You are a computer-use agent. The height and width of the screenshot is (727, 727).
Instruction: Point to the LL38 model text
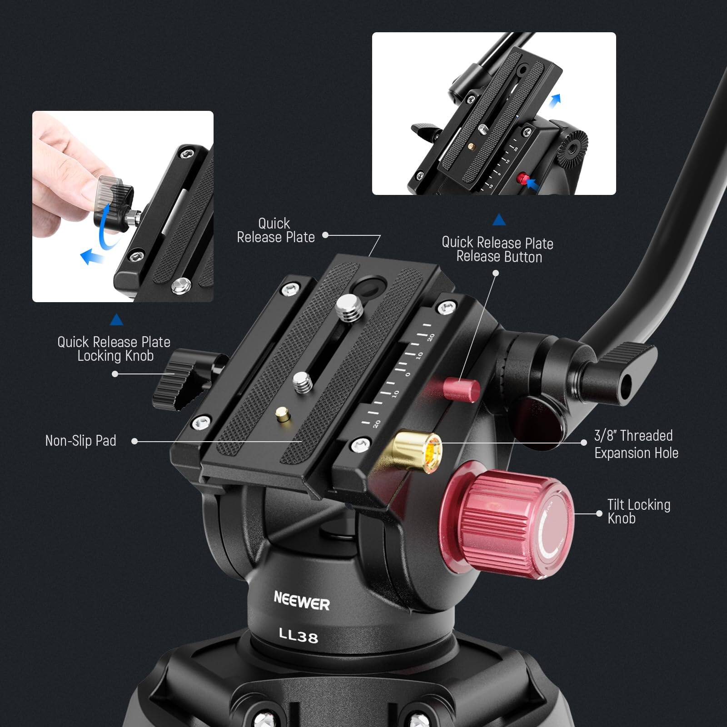click(298, 635)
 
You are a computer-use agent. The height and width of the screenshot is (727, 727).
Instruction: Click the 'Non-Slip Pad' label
click(81, 441)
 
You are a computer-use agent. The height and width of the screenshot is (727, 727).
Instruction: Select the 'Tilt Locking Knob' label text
click(638, 511)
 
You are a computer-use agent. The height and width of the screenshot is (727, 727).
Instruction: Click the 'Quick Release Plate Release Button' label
click(498, 249)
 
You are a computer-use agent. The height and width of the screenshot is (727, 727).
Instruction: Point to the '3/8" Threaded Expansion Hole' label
click(636, 444)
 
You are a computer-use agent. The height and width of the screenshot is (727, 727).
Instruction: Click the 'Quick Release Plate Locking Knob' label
click(114, 349)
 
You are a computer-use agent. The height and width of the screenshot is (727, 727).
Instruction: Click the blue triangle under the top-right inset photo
click(499, 220)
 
